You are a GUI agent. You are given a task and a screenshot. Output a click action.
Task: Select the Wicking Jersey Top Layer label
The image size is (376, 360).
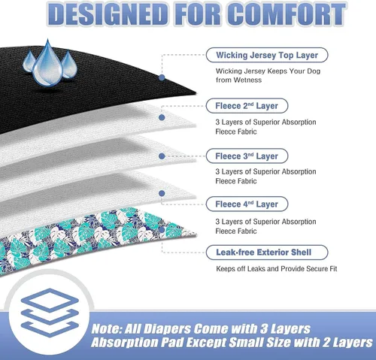coord(267,55)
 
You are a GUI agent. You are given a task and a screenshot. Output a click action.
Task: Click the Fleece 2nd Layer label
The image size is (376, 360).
coord(247,106)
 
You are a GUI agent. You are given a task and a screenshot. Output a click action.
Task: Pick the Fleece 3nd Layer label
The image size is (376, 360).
coord(247,156)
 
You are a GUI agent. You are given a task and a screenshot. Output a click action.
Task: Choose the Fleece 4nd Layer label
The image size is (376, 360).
coord(247,204)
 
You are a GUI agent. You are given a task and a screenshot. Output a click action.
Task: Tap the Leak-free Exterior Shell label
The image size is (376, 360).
coord(267,253)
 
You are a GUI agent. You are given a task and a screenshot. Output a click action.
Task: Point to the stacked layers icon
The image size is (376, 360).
coord(50,313)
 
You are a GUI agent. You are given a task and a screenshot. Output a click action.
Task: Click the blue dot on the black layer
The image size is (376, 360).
coord(162,77)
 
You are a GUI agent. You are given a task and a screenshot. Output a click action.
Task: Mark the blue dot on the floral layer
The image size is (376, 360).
coord(162,230)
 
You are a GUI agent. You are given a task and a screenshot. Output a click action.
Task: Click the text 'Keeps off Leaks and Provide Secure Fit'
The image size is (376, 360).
coord(277,269)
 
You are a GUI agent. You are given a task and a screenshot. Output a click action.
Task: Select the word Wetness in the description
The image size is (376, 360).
coord(247,80)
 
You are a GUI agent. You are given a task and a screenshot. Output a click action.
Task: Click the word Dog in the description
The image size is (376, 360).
coord(314,71)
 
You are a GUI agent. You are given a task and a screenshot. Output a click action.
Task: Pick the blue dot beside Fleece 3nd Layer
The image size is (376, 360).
coord(162,156)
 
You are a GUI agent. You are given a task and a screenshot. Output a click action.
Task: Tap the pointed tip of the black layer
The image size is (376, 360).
coord(196,93)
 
